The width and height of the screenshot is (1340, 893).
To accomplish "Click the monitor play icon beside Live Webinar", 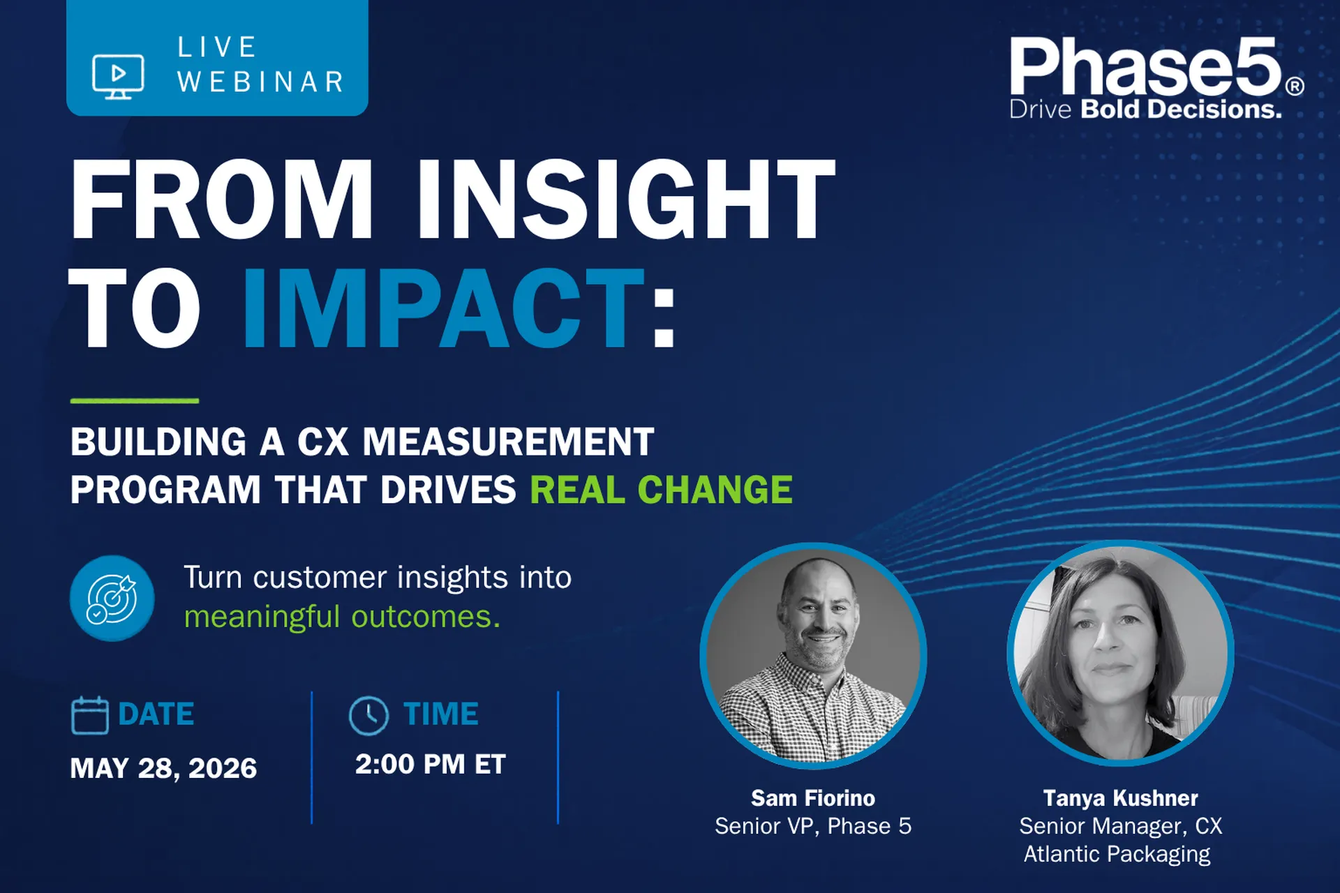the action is coord(118,77).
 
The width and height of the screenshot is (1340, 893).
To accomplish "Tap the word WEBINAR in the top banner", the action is coord(261,82).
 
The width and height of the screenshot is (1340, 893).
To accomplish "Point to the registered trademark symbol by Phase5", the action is coord(1295,86).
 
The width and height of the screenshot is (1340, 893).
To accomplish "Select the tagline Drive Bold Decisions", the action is coord(1145,110).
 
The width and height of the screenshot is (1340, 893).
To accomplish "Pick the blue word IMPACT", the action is coord(443,308).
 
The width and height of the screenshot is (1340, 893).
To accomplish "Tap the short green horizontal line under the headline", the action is coord(135,400).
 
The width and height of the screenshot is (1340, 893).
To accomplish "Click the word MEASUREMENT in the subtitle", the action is coord(509,442).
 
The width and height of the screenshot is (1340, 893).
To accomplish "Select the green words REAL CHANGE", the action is coord(661,489).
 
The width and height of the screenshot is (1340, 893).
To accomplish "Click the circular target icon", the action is coord(112,598).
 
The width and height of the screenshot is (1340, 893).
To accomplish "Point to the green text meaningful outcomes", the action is coord(342,617).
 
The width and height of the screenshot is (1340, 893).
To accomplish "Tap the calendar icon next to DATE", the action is coord(90,715).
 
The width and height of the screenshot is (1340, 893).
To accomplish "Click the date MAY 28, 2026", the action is coord(163,768).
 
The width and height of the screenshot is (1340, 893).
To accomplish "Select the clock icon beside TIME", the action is coord(368,715).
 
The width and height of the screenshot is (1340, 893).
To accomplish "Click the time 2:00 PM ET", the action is coord(430,764).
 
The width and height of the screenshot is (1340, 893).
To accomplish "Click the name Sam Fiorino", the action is coord(813,797).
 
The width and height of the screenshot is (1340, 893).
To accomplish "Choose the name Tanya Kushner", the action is coord(1120,797).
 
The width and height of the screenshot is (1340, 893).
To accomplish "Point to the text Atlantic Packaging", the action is coord(1117,854).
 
